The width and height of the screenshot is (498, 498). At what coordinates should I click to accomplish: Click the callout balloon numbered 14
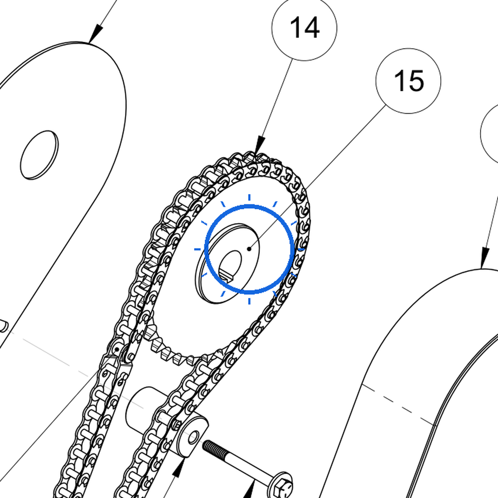304,28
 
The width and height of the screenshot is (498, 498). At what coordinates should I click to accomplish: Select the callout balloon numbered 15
408,81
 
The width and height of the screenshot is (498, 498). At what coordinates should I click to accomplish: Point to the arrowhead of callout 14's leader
259,145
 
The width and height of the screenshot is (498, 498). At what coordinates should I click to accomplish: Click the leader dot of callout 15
249,249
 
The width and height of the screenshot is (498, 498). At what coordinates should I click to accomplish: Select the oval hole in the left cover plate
39,155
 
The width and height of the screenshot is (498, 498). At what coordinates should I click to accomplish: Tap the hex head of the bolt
282,486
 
